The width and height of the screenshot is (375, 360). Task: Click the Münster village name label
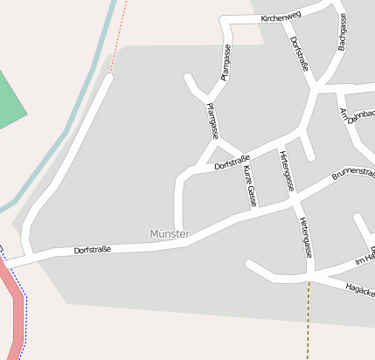coord(170,234)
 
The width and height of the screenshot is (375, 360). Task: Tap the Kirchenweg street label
coord(281,17)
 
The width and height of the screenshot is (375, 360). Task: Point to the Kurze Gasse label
coord(250,184)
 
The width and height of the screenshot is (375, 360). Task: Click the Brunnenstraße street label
coord(353,174)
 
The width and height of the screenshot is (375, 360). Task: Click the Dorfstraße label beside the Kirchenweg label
coord(298,54)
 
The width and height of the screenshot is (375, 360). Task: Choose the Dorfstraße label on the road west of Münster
coord(92,250)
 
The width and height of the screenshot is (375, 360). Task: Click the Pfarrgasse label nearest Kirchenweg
coord(226,62)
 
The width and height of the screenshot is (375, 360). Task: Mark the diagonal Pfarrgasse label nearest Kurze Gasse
coord(212,121)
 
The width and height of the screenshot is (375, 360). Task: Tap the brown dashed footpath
coord(309,323)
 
